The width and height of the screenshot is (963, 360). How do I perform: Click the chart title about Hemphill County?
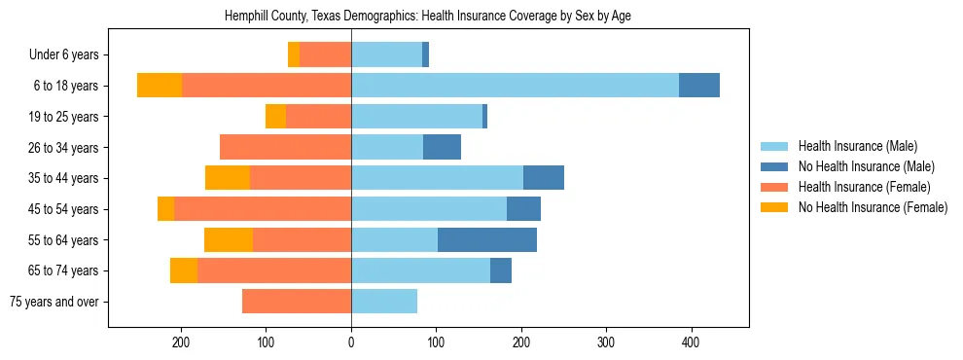point(428,17)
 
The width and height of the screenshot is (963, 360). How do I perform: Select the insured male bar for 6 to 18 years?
point(515,86)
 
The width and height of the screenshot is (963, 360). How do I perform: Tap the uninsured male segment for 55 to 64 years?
point(487,239)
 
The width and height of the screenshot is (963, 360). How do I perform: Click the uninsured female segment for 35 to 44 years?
point(228,178)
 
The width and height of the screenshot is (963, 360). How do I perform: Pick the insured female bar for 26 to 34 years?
point(285,147)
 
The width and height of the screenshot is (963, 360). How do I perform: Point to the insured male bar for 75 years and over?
point(384,302)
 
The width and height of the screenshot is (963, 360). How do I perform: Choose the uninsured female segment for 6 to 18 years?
point(160,86)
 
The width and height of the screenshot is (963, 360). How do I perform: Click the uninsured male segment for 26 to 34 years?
point(442,147)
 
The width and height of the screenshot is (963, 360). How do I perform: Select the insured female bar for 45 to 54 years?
point(263,209)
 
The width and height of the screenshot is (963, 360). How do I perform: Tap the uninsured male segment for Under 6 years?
point(426,54)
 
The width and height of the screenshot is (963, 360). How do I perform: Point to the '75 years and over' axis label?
point(54,302)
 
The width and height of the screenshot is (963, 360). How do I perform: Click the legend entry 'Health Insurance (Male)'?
point(857,146)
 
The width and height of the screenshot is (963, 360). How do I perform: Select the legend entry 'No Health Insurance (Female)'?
point(873,207)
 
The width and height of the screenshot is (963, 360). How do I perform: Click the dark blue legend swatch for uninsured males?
point(774,166)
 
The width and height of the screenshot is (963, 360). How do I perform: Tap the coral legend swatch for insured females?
point(774,187)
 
